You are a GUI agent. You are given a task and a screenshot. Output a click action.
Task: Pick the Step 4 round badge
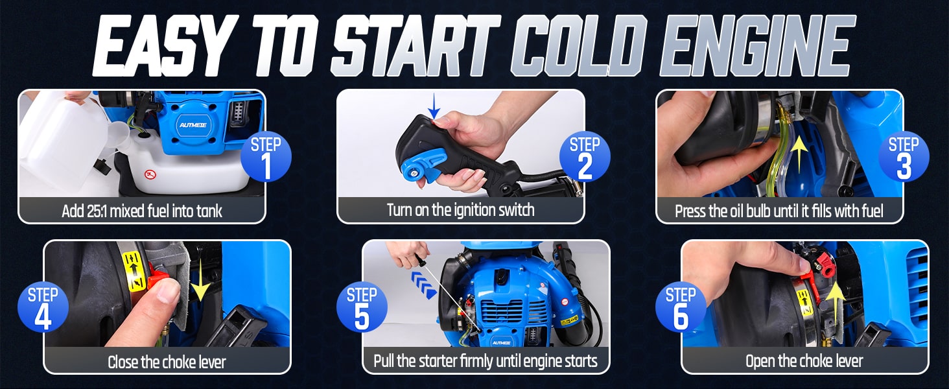click(x=43, y=307)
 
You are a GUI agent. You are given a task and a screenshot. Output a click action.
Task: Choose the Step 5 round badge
click(x=362, y=307)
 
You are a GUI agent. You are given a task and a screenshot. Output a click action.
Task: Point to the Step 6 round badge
click(x=681, y=307)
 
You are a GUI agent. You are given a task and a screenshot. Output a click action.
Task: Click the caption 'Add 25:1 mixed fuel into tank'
click(x=142, y=211)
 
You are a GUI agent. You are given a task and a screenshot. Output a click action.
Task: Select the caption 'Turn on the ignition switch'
click(x=460, y=210)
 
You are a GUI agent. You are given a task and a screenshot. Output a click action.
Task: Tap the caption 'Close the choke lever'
click(x=167, y=362)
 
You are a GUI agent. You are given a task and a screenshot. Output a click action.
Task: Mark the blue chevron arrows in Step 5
click(x=424, y=286)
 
